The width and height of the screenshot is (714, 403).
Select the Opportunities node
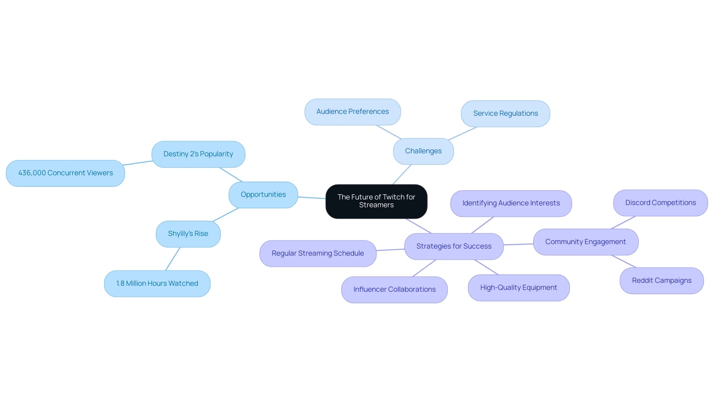263,195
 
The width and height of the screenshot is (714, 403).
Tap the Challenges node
423,151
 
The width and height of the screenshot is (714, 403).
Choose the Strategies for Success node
454,246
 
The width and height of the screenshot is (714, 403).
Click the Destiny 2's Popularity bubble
198,154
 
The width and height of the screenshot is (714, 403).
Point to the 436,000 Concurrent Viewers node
65,173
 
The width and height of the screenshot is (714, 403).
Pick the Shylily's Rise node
188,234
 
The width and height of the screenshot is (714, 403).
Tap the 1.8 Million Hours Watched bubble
157,284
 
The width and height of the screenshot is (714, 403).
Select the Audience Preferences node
352,112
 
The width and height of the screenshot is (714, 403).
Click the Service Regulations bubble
505,113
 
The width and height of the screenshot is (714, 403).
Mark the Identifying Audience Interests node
511,203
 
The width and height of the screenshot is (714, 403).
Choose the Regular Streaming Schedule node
318,253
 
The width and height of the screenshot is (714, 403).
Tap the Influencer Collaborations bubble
394,290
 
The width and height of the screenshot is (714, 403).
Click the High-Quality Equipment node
518,288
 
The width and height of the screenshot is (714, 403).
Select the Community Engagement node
585,242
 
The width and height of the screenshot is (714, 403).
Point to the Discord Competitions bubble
660,203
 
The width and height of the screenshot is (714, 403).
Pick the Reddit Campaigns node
662,281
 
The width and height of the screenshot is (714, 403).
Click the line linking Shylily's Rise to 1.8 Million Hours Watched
173,259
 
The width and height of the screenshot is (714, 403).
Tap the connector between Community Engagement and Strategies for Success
518,244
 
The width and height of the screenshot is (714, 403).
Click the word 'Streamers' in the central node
376,205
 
